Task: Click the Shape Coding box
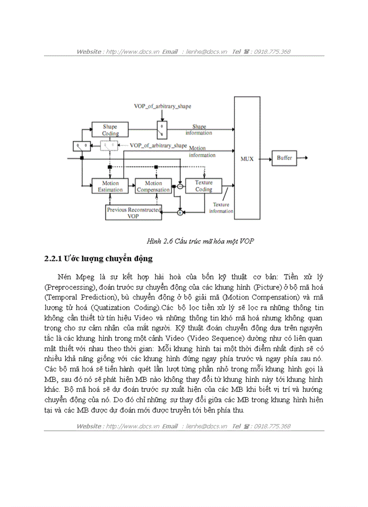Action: point(110,130)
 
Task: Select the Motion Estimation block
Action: point(110,186)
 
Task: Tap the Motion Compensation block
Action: point(153,186)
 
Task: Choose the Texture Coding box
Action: point(204,186)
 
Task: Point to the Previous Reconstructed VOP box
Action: point(133,213)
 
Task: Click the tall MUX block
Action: point(247,158)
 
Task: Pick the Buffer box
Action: point(284,158)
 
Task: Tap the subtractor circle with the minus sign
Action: point(179,186)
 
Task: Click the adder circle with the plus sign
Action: point(179,212)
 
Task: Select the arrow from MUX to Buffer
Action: point(266,158)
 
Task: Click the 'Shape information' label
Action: point(199,130)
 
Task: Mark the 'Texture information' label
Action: point(221,208)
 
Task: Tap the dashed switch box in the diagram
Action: point(109,145)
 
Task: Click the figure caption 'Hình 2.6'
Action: point(157,241)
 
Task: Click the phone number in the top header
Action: point(273,51)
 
